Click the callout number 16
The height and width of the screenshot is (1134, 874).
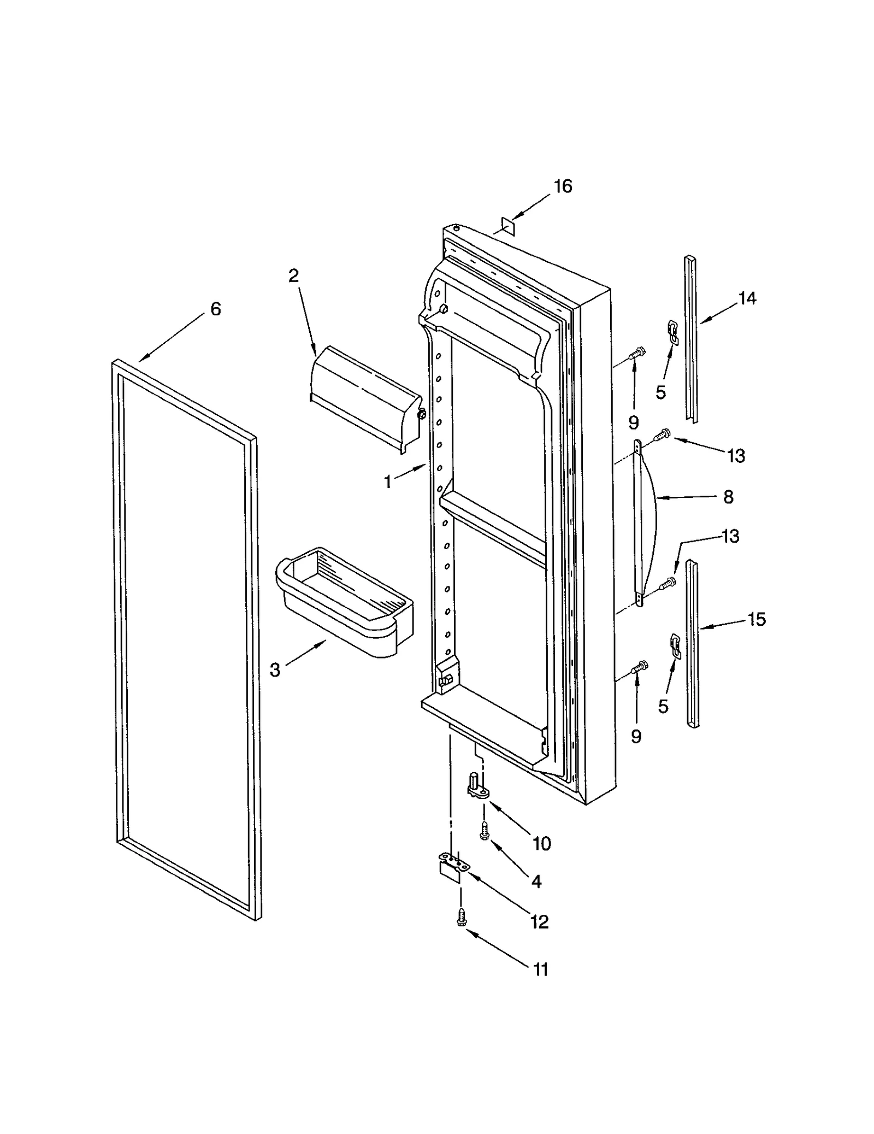(x=563, y=186)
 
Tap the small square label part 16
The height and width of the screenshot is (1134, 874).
(x=509, y=225)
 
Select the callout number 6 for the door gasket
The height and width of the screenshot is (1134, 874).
(x=216, y=309)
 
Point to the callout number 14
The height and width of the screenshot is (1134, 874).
(x=747, y=298)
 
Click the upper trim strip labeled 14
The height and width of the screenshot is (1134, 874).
(x=690, y=339)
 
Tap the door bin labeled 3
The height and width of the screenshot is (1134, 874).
(x=344, y=601)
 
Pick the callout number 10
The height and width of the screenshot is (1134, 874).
(x=541, y=844)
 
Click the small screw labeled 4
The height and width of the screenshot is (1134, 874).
(x=483, y=832)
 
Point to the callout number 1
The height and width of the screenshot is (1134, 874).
(x=388, y=482)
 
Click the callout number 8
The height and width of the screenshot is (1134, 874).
(x=728, y=497)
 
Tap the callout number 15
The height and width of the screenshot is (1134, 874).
(x=757, y=620)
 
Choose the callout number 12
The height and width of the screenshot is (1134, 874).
(x=539, y=922)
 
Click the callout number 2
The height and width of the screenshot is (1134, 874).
(x=294, y=276)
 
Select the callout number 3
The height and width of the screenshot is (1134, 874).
(x=275, y=669)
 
